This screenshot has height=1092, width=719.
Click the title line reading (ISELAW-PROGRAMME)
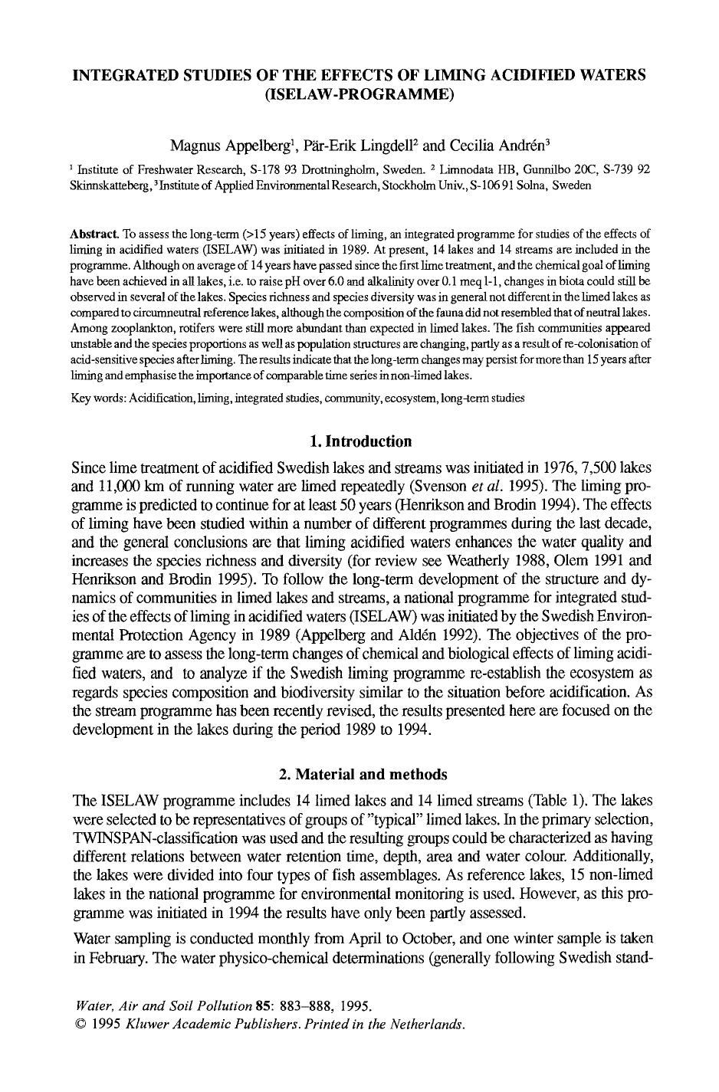pyautogui.click(x=359, y=94)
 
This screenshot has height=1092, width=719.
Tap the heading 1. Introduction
pyautogui.click(x=359, y=441)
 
